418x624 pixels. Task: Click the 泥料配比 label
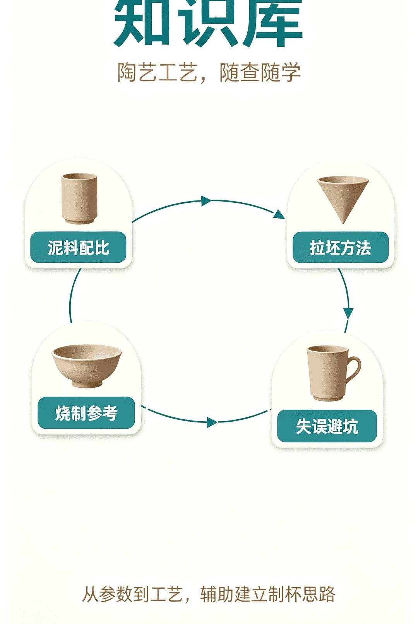click(x=78, y=247)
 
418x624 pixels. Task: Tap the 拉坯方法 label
click(x=341, y=247)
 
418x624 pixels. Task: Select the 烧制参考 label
click(x=86, y=413)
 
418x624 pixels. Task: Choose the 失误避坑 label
click(x=327, y=426)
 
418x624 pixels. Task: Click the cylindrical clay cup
click(x=79, y=198)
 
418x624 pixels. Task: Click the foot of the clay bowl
click(x=87, y=384)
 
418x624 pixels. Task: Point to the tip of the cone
click(x=343, y=223)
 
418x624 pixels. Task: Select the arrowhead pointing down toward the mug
click(x=348, y=313)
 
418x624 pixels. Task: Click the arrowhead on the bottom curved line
click(x=212, y=422)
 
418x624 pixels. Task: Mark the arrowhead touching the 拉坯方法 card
click(x=279, y=214)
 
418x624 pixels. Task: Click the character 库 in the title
click(x=272, y=24)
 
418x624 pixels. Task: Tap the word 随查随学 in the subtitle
click(x=260, y=73)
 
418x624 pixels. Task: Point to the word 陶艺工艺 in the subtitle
click(x=158, y=73)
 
